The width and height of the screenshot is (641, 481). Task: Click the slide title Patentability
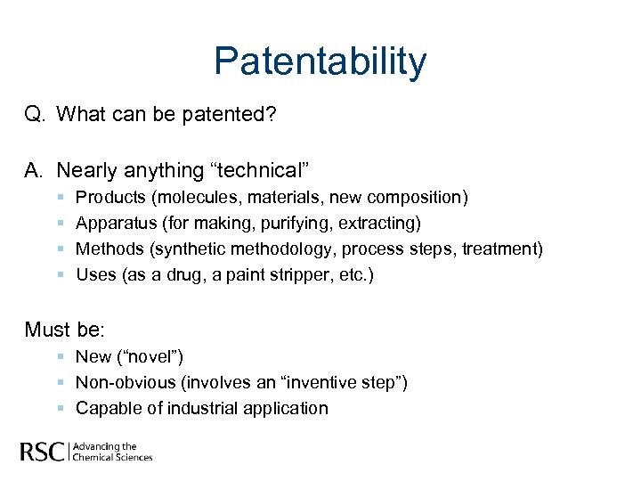[320, 61]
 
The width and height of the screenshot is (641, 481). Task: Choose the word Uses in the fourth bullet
[95, 274]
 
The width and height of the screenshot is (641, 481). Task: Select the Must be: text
[65, 330]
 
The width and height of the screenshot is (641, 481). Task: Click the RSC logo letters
[43, 452]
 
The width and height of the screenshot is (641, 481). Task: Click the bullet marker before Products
[59, 196]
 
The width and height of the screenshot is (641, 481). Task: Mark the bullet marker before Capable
[59, 408]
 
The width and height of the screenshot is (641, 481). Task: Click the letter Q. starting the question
[36, 115]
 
